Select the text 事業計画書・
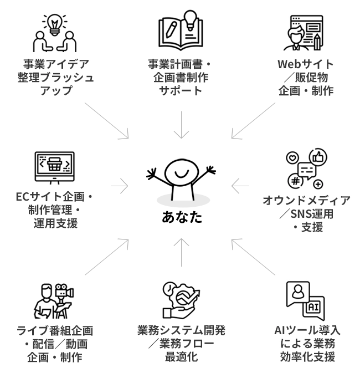click(x=179, y=64)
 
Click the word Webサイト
click(x=305, y=64)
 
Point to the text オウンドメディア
click(x=306, y=201)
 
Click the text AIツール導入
click(x=307, y=330)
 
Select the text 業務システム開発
click(x=181, y=330)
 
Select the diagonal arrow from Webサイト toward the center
click(x=251, y=122)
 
